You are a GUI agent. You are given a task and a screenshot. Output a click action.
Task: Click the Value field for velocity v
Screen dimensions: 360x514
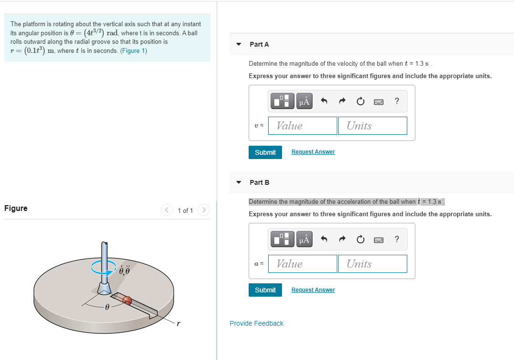tap(302, 126)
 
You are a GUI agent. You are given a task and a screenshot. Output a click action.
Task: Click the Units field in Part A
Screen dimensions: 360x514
tap(373, 126)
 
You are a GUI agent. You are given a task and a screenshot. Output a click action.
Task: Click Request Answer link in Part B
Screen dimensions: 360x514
tap(313, 290)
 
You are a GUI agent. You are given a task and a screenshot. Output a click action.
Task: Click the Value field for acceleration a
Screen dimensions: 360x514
tap(302, 264)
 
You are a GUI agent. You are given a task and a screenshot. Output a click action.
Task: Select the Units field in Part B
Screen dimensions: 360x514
tap(373, 264)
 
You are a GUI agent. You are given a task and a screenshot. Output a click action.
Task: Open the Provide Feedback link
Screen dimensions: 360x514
tap(256, 323)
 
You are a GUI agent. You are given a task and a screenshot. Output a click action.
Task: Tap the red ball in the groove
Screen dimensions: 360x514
tap(127, 300)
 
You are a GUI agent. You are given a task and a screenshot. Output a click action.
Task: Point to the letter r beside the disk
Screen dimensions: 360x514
tap(178, 324)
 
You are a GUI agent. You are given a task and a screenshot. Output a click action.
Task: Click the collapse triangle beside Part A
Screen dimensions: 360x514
tap(239, 44)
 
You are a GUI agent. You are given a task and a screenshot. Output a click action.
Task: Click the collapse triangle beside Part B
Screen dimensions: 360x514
tap(239, 182)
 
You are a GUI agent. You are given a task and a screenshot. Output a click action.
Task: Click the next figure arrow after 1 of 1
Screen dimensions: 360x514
tap(203, 210)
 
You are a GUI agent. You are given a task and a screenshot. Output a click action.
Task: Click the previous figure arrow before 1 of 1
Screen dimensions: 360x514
tap(167, 210)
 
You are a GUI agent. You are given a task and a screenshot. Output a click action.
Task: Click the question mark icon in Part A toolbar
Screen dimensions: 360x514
tap(397, 101)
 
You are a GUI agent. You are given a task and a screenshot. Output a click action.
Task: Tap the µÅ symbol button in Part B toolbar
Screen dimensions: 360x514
tap(304, 239)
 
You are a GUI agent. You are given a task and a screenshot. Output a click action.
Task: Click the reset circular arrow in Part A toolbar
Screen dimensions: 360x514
tap(361, 101)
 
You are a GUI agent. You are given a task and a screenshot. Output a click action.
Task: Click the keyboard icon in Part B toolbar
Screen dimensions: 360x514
tap(379, 240)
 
